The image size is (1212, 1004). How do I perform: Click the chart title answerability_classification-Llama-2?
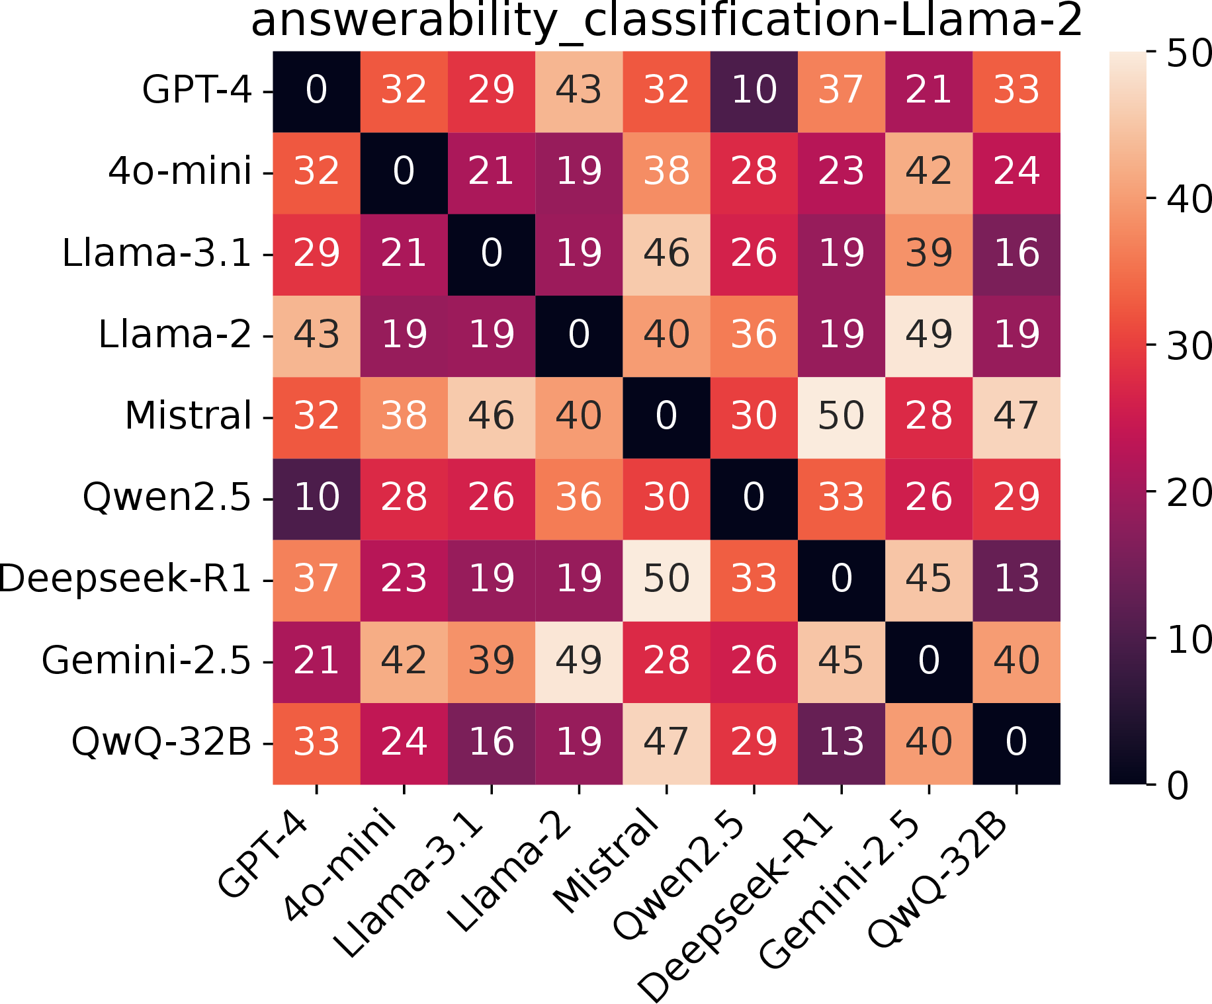tap(666, 21)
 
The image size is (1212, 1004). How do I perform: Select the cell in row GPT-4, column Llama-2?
tap(579, 92)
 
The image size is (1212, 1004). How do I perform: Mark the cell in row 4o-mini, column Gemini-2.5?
tap(929, 173)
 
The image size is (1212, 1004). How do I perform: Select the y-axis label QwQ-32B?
tap(161, 741)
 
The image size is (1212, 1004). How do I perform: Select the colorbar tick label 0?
tap(1178, 786)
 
